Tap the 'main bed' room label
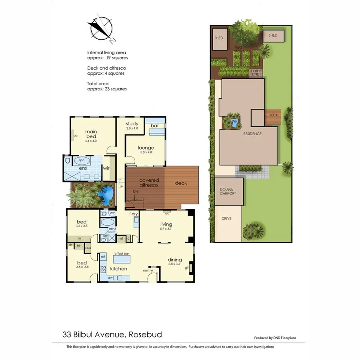(91, 134)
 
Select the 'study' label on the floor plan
(132, 124)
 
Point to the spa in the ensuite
(82, 160)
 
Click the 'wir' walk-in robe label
(106, 168)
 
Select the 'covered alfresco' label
(149, 183)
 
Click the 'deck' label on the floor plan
(181, 183)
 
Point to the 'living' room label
(166, 224)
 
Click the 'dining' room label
(174, 259)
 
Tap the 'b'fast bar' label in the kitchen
(122, 254)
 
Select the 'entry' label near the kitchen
(148, 271)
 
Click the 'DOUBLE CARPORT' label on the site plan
(228, 191)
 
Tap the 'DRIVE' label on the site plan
(226, 218)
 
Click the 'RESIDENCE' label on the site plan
(252, 134)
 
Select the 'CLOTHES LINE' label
(256, 72)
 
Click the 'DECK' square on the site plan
(273, 115)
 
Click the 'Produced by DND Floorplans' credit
(275, 338)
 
